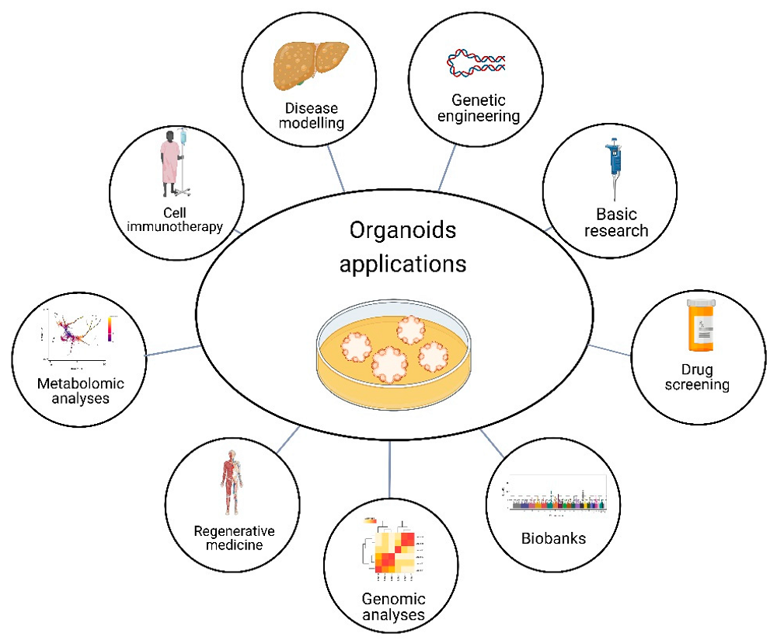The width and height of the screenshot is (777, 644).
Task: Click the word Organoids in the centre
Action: pos(402,232)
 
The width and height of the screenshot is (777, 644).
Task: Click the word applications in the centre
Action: pos(402,264)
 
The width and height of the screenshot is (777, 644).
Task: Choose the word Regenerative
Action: pos(234,531)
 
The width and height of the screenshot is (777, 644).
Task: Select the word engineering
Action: pos(479,117)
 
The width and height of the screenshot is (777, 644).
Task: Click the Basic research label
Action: pos(622,221)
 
